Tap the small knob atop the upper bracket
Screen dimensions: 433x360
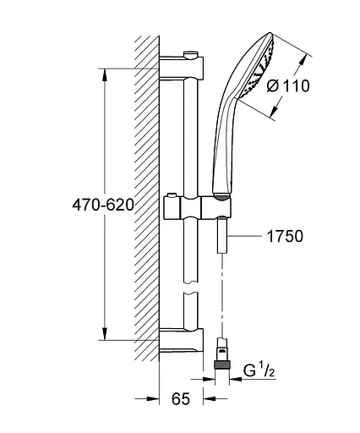[x=195, y=56]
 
